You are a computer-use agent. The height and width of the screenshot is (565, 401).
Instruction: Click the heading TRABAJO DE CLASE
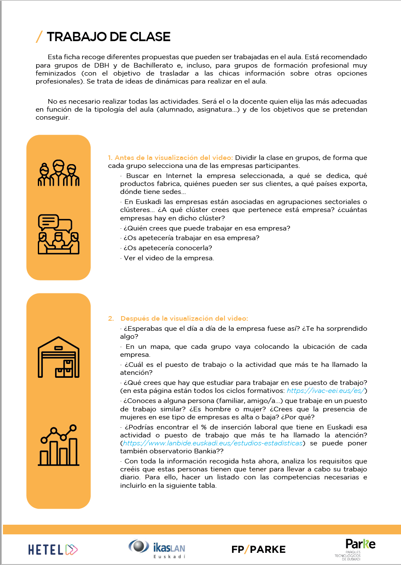pos(108,37)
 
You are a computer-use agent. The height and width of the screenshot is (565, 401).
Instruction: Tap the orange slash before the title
pos(39,37)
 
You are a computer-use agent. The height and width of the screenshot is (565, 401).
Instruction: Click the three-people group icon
pos(58,173)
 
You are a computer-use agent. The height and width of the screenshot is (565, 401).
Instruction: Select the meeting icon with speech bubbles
pos(58,234)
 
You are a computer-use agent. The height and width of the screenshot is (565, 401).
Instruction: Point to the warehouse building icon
pos(58,357)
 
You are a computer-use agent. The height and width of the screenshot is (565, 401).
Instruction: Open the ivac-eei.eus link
pos(325,391)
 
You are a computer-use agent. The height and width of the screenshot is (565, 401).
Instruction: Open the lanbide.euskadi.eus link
pos(213,443)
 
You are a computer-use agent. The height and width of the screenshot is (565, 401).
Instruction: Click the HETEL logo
pos(53,549)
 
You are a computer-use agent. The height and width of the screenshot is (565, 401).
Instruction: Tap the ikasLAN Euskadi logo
pos(157,549)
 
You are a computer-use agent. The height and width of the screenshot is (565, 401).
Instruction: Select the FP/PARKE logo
pos(258,549)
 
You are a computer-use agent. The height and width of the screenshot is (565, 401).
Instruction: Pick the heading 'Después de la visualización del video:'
pos(184,319)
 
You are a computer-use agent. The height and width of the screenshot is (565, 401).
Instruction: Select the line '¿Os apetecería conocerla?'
pos(168,248)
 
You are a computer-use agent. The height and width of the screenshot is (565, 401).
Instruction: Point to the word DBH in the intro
pos(102,65)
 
